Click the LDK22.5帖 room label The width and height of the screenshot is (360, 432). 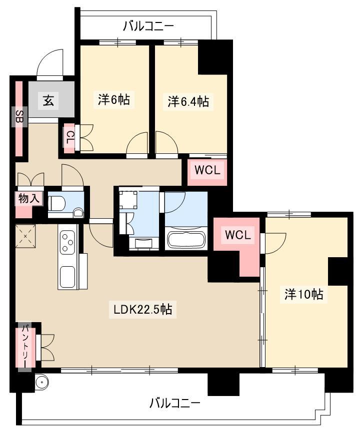143,309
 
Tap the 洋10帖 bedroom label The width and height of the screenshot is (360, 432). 303,294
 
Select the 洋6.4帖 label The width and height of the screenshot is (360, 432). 188,101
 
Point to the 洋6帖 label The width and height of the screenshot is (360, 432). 114,99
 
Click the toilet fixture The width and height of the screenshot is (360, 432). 57,204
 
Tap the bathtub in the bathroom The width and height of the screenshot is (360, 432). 186,240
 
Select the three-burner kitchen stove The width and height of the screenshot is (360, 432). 67,242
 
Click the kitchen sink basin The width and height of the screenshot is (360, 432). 67,277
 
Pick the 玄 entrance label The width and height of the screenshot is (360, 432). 48,101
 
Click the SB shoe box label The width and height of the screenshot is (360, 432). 19,117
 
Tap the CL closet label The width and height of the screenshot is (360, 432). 70,138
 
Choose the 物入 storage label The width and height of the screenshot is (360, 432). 29,198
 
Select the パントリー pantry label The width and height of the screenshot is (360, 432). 25,346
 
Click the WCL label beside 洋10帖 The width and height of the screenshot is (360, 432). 238,235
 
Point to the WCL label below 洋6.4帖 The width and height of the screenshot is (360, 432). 207,170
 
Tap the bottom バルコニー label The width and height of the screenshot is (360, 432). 174,404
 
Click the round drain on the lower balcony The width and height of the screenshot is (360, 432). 41,383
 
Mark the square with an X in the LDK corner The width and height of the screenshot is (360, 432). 25,236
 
